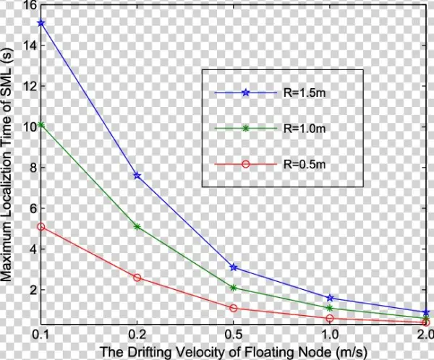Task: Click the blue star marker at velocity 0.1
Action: (x=41, y=23)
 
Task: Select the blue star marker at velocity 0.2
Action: (x=137, y=176)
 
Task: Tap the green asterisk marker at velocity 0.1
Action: (x=41, y=125)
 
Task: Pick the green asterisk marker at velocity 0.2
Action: (x=137, y=226)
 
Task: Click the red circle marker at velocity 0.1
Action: (x=41, y=226)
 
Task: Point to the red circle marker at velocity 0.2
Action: (x=137, y=278)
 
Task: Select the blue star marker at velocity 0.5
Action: (x=233, y=267)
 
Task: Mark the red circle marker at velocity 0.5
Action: (x=233, y=308)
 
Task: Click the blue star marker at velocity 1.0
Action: (x=330, y=298)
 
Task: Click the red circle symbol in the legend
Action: (x=245, y=164)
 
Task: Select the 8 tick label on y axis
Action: (x=30, y=167)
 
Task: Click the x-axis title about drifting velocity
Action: (x=232, y=352)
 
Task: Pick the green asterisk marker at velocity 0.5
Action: (x=233, y=288)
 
